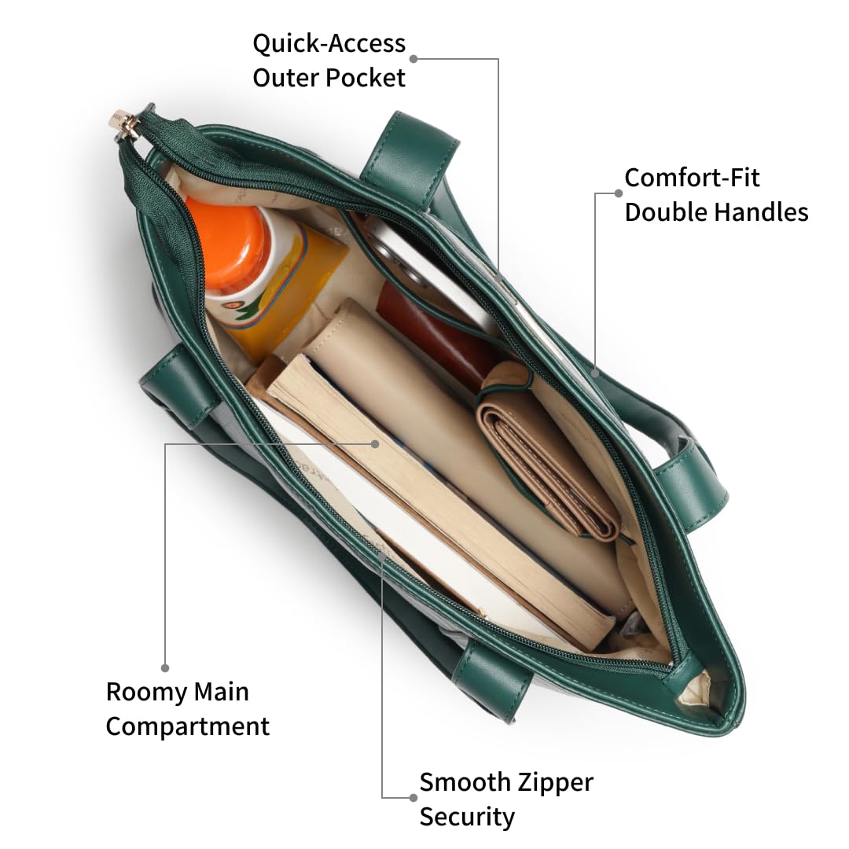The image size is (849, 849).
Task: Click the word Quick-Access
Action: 329,43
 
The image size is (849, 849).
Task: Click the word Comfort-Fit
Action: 692,178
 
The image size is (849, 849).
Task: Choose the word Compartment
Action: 188,726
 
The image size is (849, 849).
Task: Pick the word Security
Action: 467,817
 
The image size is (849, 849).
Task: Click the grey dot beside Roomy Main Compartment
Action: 165,667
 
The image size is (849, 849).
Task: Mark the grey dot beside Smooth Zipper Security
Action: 413,797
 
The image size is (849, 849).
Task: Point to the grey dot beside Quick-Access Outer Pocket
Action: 413,58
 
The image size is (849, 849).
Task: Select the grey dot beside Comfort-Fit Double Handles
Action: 619,193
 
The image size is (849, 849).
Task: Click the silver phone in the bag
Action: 432,267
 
